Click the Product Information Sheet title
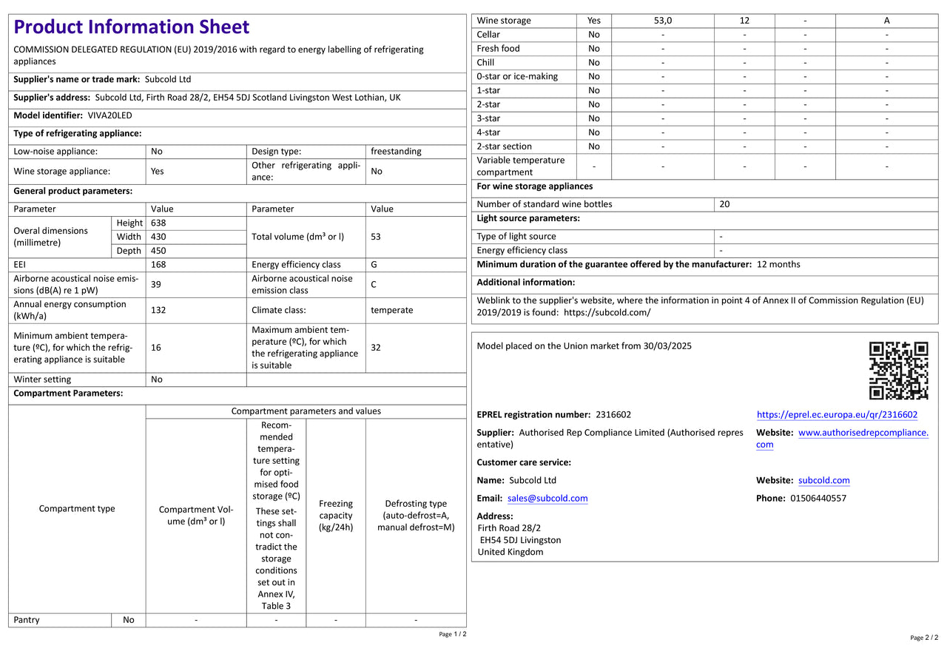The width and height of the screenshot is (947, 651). click(x=132, y=27)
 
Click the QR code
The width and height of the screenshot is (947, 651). click(x=898, y=370)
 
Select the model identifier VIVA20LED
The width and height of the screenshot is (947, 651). click(x=109, y=115)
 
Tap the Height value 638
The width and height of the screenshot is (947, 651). click(x=158, y=223)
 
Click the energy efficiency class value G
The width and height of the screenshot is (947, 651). click(x=374, y=264)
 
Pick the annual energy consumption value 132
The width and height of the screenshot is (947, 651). click(x=158, y=310)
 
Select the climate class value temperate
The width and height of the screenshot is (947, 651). click(x=392, y=310)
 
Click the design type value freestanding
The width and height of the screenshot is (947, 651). click(x=396, y=151)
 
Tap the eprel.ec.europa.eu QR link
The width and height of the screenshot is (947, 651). click(x=837, y=415)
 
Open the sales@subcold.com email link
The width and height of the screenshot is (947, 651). click(x=547, y=499)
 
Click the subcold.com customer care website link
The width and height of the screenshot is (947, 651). click(x=823, y=481)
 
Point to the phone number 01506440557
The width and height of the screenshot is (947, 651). click(x=818, y=499)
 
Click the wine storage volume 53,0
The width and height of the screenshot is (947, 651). click(x=663, y=21)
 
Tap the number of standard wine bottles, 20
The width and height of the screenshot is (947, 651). click(x=724, y=204)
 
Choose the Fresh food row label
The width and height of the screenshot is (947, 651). click(x=498, y=49)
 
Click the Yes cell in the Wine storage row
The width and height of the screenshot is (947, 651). click(x=594, y=21)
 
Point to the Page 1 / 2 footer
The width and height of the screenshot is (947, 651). click(x=452, y=634)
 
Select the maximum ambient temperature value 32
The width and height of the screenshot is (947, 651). click(x=376, y=347)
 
